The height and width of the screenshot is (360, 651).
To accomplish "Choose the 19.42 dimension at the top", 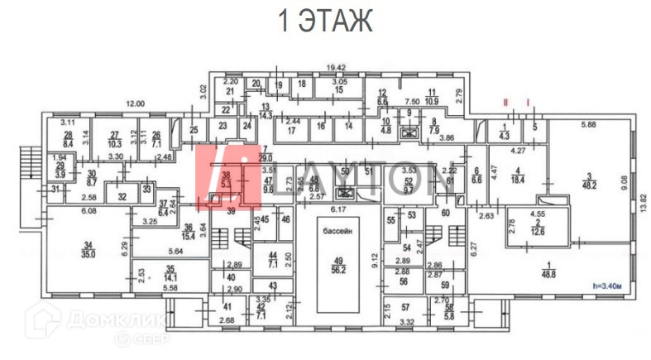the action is pos(334,68).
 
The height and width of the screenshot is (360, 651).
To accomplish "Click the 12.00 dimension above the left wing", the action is pos(135,104).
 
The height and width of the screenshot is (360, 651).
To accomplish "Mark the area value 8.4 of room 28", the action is pos(69,144).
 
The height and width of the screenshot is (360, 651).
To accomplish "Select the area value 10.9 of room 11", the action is pos(432,101).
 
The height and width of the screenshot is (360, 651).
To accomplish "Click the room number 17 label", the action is pos(291,130).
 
